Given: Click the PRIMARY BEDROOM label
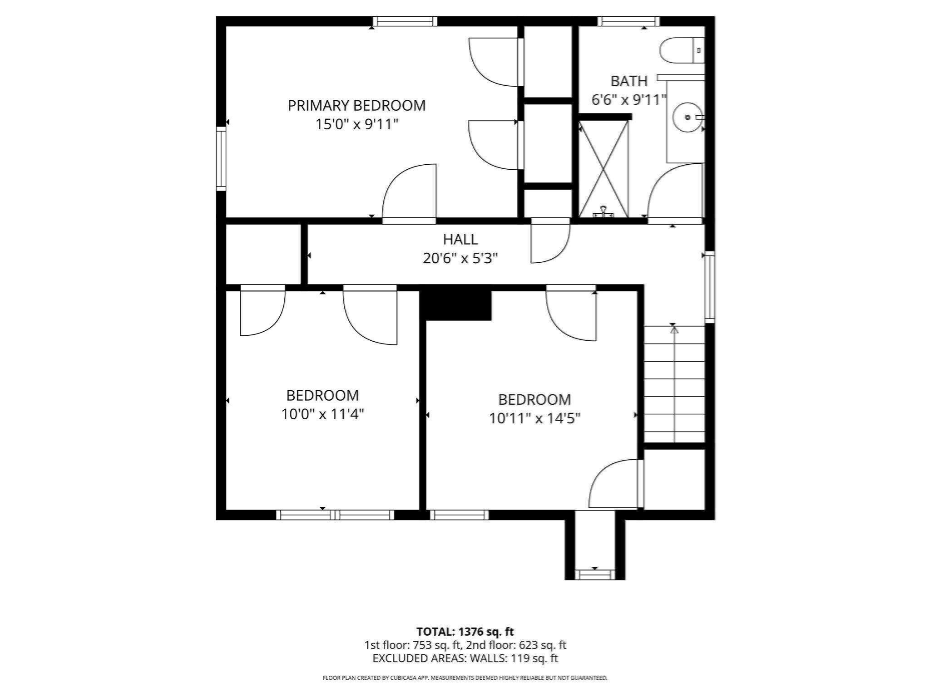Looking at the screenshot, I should tap(356, 105).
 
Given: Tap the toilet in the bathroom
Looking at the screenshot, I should tap(679, 50).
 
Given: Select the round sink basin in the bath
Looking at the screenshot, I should tap(687, 118).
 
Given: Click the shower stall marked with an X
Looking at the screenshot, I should tap(603, 169).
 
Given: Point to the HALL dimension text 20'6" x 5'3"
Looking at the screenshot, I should tap(460, 258).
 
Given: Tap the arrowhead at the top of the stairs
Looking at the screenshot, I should tap(674, 330).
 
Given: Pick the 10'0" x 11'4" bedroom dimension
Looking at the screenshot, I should tap(322, 414).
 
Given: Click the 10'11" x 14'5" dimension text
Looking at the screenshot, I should tap(534, 418).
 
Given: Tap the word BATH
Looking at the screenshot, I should tap(628, 81).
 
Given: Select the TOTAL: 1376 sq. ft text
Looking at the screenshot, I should tap(465, 631).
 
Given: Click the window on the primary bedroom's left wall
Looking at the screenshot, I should tap(221, 158).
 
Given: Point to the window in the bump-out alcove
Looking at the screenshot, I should tap(594, 574).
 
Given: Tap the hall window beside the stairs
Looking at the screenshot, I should tap(709, 287).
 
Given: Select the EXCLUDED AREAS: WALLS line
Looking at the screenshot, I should tap(465, 658).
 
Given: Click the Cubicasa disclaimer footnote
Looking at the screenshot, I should tap(465, 678).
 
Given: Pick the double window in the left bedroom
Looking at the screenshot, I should tap(335, 515).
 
